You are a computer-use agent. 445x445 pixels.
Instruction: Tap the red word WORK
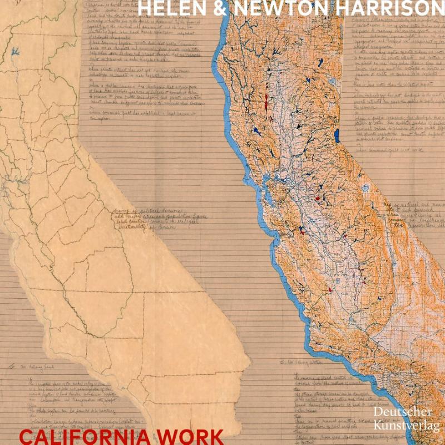coord(192,436)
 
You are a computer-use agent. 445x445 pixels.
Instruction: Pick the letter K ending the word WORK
coord(216,436)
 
